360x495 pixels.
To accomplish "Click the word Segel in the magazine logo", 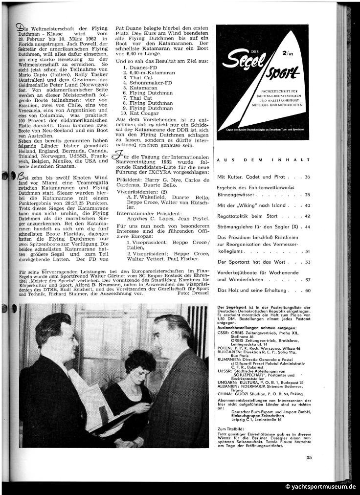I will [249, 64].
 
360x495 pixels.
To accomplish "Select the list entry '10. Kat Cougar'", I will [139, 113].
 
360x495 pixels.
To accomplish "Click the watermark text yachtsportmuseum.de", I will [320, 487].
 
